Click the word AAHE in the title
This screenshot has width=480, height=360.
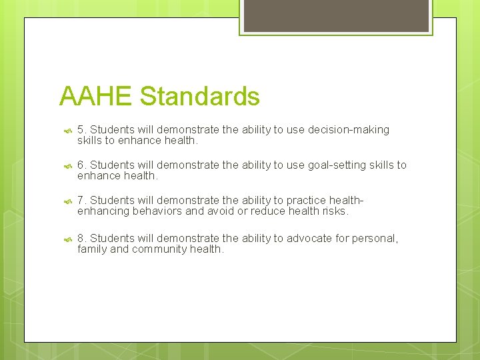coord(96,97)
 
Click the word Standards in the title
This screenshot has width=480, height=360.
coord(199,97)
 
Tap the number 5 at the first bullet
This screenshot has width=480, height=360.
coord(81,129)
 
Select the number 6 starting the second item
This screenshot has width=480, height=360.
coord(81,165)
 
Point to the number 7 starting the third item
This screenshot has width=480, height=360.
coord(81,200)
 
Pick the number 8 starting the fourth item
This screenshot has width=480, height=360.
coord(81,238)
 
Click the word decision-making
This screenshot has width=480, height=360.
coord(349,129)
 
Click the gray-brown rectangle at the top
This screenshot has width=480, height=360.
coord(335,15)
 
